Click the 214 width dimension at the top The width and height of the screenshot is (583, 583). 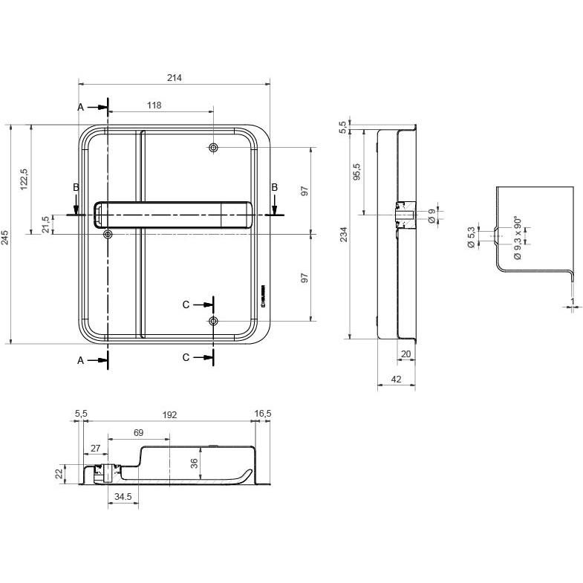pyautogui.click(x=175, y=78)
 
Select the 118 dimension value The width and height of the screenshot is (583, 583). pyautogui.click(x=154, y=106)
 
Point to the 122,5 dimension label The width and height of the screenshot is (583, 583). pyautogui.click(x=24, y=180)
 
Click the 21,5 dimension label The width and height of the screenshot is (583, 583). pyautogui.click(x=45, y=224)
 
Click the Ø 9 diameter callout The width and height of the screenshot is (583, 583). pyautogui.click(x=431, y=216)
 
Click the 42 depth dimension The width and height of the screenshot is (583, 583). pyautogui.click(x=396, y=380)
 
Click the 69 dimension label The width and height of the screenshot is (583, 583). pyautogui.click(x=138, y=431)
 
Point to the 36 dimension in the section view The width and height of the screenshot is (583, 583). pyautogui.click(x=194, y=463)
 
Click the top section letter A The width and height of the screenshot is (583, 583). pyautogui.click(x=81, y=108)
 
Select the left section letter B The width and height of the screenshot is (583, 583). pyautogui.click(x=76, y=188)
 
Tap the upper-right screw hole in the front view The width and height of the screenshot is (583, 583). pyautogui.click(x=214, y=149)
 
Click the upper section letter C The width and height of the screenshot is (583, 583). pyautogui.click(x=186, y=304)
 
